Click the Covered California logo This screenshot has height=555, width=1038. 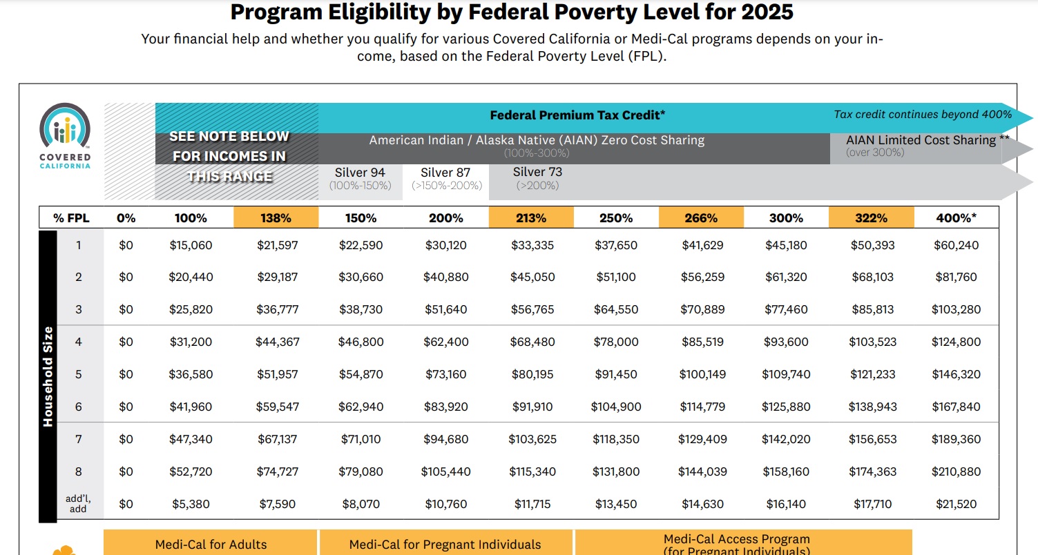pyautogui.click(x=65, y=136)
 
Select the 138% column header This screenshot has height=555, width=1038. pyautogui.click(x=276, y=217)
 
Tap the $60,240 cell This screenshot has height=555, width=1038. pyautogui.click(x=956, y=245)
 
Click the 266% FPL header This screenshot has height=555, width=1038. pyautogui.click(x=701, y=217)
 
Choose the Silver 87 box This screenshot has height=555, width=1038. pyautogui.click(x=445, y=178)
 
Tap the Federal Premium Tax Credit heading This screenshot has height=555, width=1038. pyautogui.click(x=577, y=115)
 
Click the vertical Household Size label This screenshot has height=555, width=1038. pyautogui.click(x=48, y=376)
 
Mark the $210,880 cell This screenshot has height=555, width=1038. pyautogui.click(x=956, y=471)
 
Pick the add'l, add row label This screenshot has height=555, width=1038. pyautogui.click(x=78, y=503)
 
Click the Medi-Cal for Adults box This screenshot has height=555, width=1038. pyautogui.click(x=211, y=544)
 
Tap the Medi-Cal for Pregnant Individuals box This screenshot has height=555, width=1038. pyautogui.click(x=445, y=544)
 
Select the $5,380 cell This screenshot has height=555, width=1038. pyautogui.click(x=191, y=504)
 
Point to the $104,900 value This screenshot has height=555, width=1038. pyautogui.click(x=615, y=407)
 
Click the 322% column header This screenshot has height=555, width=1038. pyautogui.click(x=871, y=217)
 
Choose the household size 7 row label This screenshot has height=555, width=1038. pyautogui.click(x=78, y=439)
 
